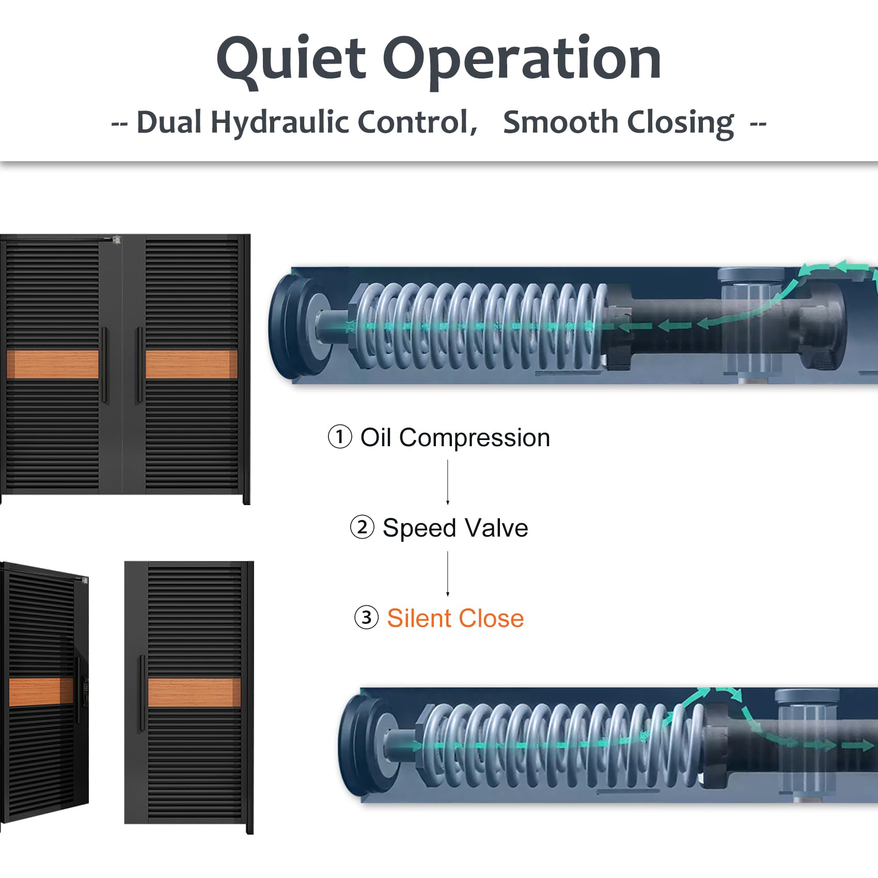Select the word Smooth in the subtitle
point(560,122)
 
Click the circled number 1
point(340,437)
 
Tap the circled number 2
point(362,527)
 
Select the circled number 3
point(366,618)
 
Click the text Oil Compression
point(455,438)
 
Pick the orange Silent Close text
point(455,618)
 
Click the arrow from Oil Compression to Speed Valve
point(448,482)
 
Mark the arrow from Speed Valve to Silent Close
point(448,574)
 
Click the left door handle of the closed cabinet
point(105,365)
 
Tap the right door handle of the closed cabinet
point(139,365)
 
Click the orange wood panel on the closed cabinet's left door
point(53,364)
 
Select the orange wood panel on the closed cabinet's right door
point(192,364)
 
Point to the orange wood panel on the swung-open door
point(41,692)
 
